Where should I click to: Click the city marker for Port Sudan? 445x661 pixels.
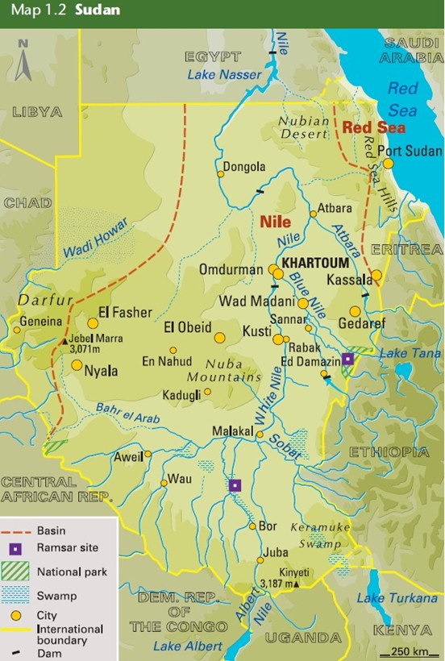(x=388, y=163)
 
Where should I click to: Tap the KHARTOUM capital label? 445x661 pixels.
(x=314, y=264)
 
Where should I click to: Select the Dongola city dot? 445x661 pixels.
(x=220, y=173)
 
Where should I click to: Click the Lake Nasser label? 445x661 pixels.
(x=224, y=75)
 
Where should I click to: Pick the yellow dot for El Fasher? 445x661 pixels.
(x=93, y=322)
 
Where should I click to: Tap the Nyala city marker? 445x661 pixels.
(x=77, y=364)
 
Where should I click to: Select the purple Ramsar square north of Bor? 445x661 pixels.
(x=235, y=485)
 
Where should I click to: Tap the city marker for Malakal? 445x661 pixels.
(x=260, y=434)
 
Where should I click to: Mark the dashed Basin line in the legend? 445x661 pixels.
(x=18, y=531)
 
